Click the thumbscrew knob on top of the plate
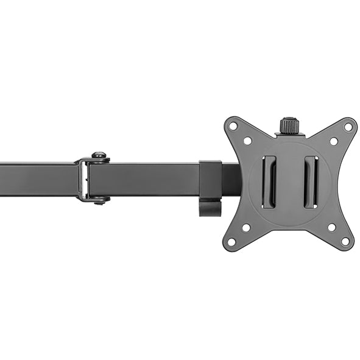coord(288,126)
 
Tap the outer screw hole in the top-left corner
coord(233,127)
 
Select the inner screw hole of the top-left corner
coord(247,141)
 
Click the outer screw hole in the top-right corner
coord(348,127)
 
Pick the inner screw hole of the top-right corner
coord(333,141)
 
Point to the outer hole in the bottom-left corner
coord(231,241)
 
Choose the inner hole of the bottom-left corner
coord(246,227)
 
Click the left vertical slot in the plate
coord(269,182)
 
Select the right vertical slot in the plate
coord(310,182)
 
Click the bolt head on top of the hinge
coord(99,157)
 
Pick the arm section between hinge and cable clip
coord(146,180)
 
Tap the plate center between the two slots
coord(289,182)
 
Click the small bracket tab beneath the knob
coord(288,138)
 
